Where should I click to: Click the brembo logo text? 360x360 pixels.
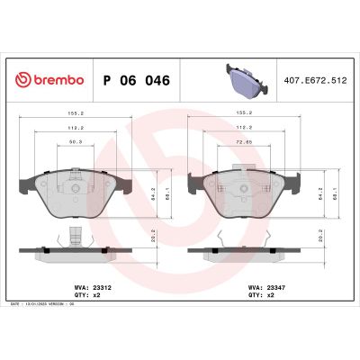click(x=56, y=80)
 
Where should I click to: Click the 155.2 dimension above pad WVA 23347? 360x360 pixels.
click(x=242, y=115)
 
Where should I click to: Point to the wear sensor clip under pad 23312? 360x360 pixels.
click(x=75, y=240)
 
